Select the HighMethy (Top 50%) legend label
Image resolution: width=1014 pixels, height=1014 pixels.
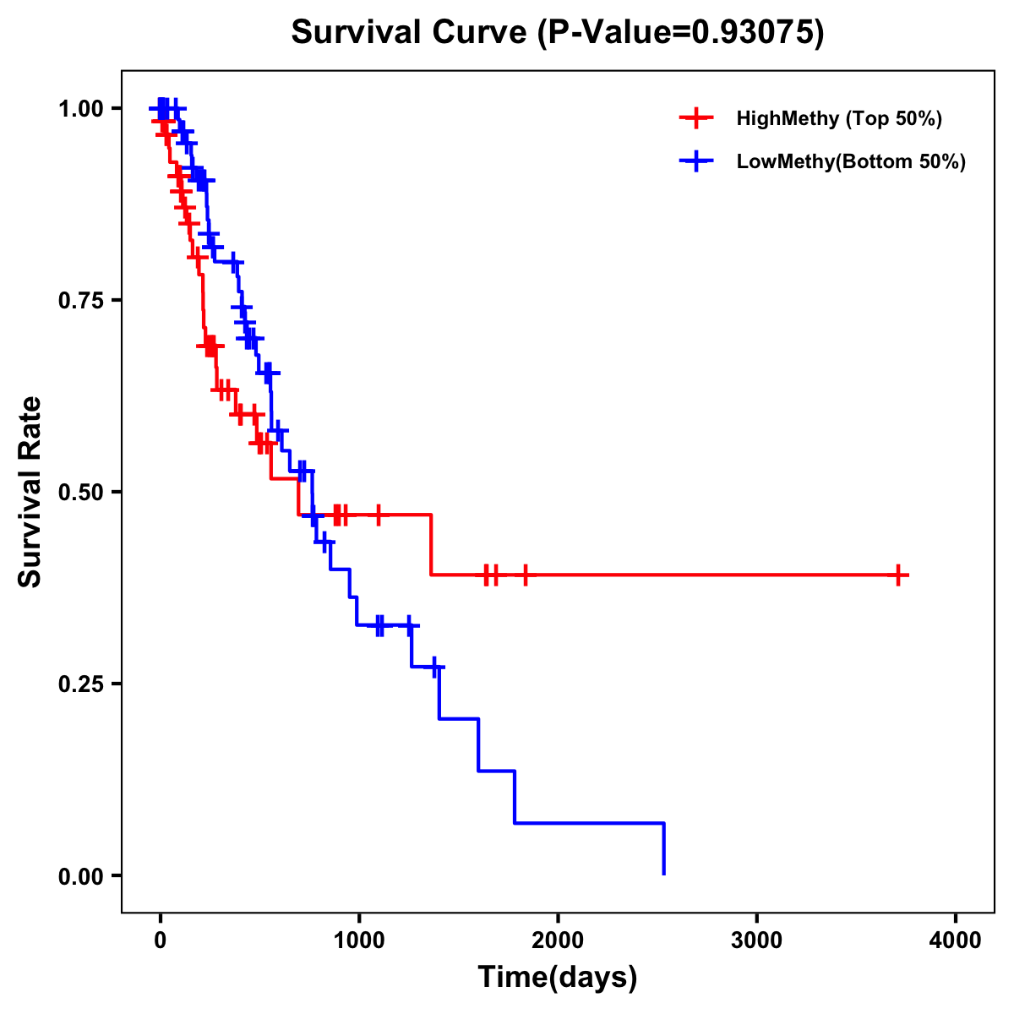pos(838,118)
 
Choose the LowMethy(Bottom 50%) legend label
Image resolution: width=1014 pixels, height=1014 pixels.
pos(851,161)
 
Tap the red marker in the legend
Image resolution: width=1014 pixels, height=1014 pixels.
pos(696,118)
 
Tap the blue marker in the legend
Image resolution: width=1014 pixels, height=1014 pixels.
pos(696,161)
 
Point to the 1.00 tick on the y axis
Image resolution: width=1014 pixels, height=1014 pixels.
pos(80,108)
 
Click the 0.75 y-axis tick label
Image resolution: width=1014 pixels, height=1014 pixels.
pos(80,300)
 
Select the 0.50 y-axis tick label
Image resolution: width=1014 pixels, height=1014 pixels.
pos(80,492)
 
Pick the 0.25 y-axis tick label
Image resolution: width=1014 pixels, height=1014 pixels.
pos(80,684)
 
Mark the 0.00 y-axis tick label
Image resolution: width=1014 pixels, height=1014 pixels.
pos(80,875)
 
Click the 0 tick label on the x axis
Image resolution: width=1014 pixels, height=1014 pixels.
pos(160,940)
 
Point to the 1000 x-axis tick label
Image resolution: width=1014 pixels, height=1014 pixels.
pos(359,940)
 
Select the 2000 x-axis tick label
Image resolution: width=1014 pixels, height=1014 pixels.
pos(558,940)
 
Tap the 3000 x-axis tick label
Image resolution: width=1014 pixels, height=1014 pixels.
pos(757,940)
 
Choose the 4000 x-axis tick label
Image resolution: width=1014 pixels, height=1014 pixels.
pos(956,940)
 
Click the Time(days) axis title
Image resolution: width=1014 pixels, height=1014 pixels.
pos(558,978)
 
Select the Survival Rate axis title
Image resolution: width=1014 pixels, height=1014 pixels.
pos(30,492)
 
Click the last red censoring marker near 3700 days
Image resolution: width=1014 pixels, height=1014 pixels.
pos(899,575)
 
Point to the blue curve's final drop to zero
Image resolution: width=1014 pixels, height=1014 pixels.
pos(664,849)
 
